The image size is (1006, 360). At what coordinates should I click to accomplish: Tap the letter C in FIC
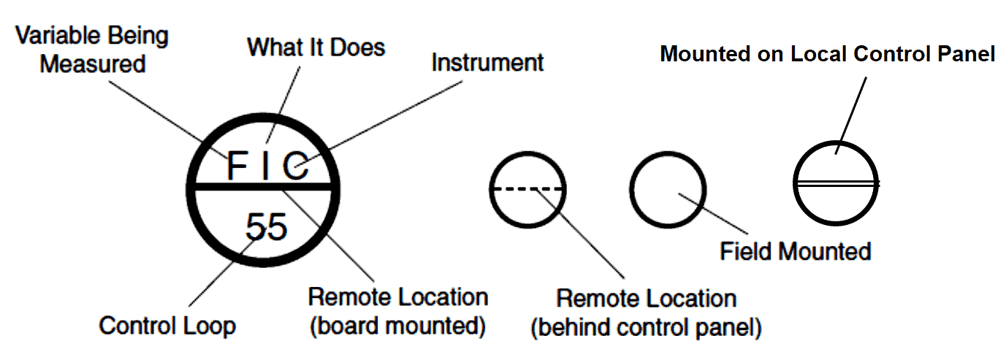coord(297,166)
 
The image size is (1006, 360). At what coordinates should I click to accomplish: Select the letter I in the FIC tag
coord(267,166)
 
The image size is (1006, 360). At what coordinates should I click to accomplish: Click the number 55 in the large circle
coord(267,227)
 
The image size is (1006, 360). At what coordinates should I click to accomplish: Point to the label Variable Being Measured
coord(92,49)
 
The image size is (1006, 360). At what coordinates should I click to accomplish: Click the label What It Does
coord(316,48)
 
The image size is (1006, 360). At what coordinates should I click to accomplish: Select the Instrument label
coord(487,63)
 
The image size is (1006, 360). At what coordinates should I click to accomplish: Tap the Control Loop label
coord(167,325)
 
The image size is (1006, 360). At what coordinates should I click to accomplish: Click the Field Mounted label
coord(795,252)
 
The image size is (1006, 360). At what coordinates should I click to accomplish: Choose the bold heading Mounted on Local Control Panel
coord(828,54)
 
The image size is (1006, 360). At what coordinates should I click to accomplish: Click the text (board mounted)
coord(398,326)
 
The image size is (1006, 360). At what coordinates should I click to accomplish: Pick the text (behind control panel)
coord(646,328)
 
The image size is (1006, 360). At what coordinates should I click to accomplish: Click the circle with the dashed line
coord(527,172)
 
